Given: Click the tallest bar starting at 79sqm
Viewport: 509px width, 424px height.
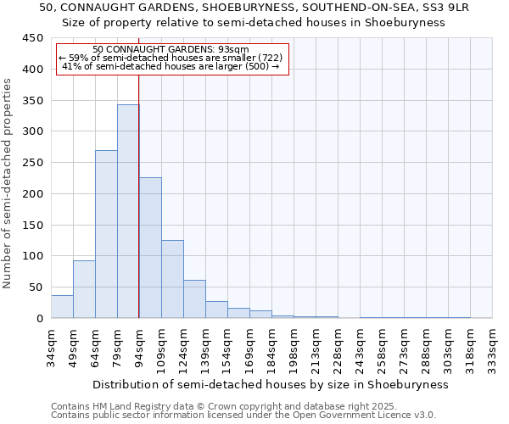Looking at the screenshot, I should [x=128, y=211].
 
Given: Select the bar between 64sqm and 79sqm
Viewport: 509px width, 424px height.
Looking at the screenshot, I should [x=106, y=234].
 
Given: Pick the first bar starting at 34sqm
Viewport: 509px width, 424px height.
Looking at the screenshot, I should [x=62, y=307].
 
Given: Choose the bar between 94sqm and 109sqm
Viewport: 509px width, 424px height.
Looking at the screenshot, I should [x=150, y=248].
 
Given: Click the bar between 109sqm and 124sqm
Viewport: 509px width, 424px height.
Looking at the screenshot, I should [x=172, y=279].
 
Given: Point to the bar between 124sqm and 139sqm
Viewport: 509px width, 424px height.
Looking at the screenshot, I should [x=194, y=299].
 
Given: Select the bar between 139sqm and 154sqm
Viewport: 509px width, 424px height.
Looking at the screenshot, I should [x=216, y=310].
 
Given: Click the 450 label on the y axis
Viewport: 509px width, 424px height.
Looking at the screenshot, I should [x=32, y=38].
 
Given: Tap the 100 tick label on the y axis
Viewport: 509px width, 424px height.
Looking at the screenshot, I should [x=32, y=256].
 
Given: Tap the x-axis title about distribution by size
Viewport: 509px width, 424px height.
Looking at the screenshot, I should [x=270, y=384].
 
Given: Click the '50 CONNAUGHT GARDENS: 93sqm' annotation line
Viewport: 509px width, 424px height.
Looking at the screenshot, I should [x=171, y=49].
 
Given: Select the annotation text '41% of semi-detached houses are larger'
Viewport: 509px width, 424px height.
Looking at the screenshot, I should [x=171, y=66].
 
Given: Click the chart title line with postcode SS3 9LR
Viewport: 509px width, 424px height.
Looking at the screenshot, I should [x=255, y=7].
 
